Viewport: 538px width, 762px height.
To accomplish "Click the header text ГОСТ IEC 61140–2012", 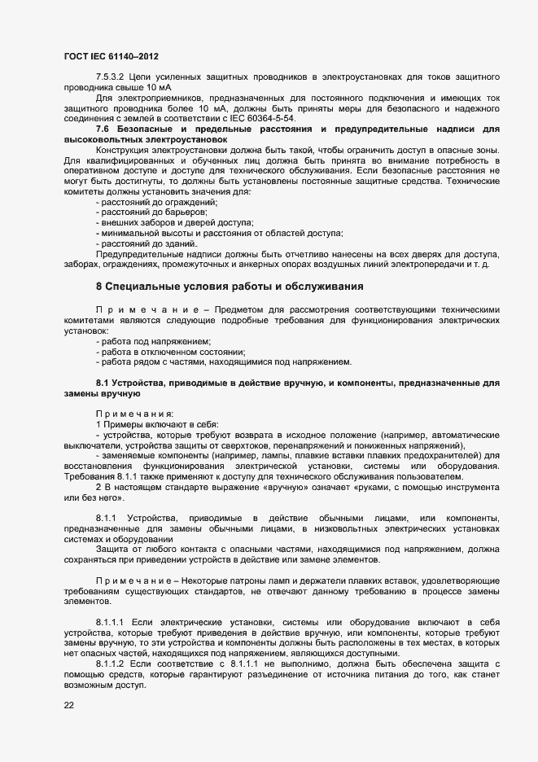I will pyautogui.click(x=110, y=56).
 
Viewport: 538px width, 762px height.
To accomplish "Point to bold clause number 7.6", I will pyautogui.click(x=103, y=129).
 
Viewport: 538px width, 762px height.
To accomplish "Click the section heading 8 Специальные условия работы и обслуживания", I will pyautogui.click(x=235, y=287).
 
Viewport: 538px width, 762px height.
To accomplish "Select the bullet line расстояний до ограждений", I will pyautogui.click(x=158, y=202).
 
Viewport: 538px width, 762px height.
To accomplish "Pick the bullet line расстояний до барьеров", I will pyautogui.click(x=151, y=212).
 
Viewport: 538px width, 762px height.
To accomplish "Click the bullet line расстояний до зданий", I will pyautogui.click(x=148, y=243).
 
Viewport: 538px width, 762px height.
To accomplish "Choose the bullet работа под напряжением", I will pyautogui.click(x=155, y=341).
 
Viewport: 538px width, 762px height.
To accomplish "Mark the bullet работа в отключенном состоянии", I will pyautogui.click(x=172, y=352).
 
